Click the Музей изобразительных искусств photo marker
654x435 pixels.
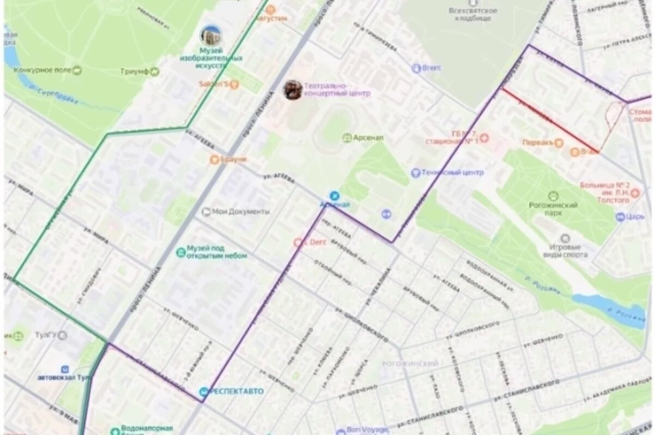point(210,36)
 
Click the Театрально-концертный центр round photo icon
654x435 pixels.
point(293,90)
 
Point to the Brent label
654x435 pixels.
point(431,68)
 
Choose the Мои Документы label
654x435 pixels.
point(240,212)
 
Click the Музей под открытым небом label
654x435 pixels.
point(216,252)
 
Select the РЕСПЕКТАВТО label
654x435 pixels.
point(235,391)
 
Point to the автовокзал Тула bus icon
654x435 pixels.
point(65,369)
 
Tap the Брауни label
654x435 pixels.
point(233,159)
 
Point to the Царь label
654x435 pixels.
point(635,217)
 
